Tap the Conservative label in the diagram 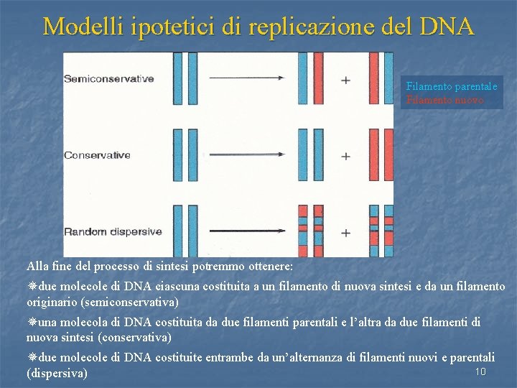point(97,155)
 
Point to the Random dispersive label point(113,232)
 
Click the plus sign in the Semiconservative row point(346,80)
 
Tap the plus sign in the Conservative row point(346,156)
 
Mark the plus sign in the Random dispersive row point(346,233)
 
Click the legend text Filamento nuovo point(445,100)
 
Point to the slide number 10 point(481,371)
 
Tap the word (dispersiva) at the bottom point(57,374)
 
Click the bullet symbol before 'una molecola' point(32,323)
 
